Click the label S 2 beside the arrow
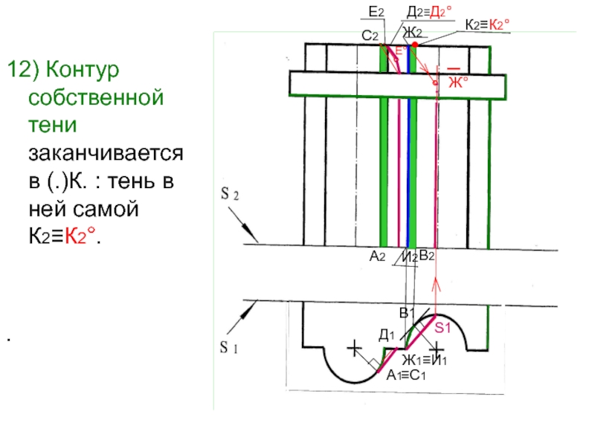click(229, 195)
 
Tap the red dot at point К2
click(415, 45)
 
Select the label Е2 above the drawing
click(376, 13)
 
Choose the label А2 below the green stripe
click(376, 256)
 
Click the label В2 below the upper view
click(426, 256)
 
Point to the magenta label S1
click(443, 328)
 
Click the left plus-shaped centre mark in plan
click(354, 347)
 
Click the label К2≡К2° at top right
click(486, 25)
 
